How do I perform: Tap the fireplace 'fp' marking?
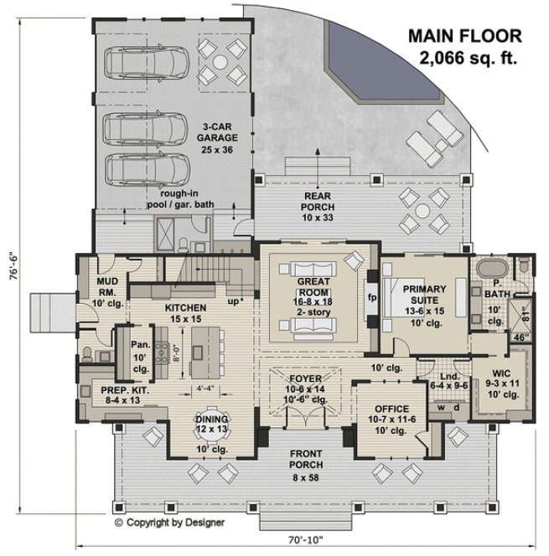click(372, 296)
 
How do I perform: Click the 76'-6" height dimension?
click(11, 266)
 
